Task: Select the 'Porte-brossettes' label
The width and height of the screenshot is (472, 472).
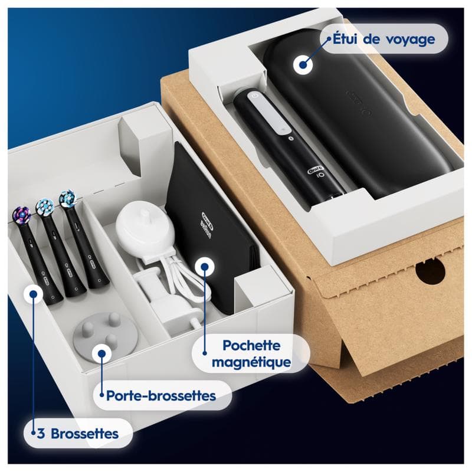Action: (x=161, y=395)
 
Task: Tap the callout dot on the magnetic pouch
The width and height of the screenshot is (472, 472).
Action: (x=204, y=267)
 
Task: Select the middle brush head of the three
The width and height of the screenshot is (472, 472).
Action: (x=45, y=208)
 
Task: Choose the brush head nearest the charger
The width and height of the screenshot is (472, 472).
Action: (x=68, y=199)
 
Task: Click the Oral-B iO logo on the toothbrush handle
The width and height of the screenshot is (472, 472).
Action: (x=314, y=172)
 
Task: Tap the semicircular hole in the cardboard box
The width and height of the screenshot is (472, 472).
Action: (x=430, y=270)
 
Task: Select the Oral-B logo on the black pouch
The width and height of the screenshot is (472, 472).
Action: (x=208, y=216)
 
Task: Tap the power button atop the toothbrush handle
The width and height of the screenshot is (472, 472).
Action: (x=253, y=95)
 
